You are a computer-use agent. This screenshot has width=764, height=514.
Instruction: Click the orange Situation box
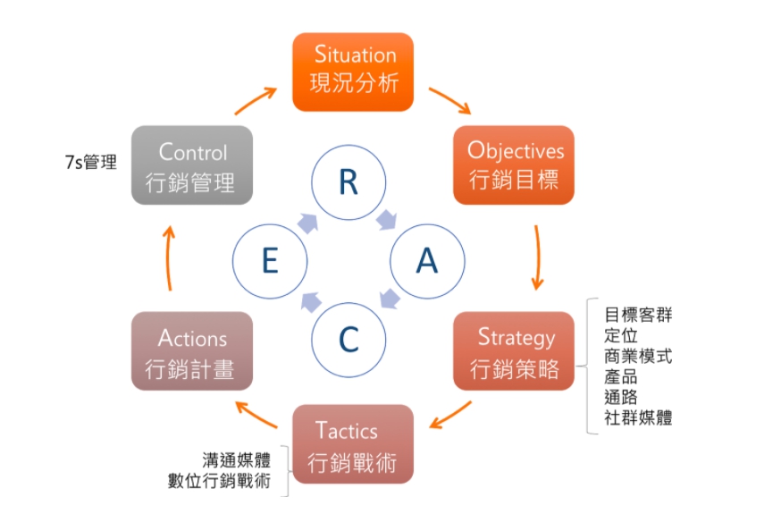[353, 72]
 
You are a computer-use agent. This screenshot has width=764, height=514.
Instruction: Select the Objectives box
[514, 165]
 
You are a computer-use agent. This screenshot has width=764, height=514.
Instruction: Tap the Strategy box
[514, 350]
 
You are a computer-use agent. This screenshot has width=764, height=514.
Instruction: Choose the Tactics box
[353, 444]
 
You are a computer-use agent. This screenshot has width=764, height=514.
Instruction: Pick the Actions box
[192, 350]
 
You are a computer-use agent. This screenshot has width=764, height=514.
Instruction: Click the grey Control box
[192, 165]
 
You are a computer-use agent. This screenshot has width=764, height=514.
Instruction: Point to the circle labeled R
[348, 182]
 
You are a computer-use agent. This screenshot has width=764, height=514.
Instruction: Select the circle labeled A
[427, 261]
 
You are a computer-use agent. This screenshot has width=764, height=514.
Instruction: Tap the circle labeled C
[348, 340]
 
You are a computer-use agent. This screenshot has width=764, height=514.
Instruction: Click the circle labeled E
[270, 261]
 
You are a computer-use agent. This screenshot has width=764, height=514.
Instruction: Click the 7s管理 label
[91, 162]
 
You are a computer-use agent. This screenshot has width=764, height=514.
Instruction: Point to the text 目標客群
[638, 315]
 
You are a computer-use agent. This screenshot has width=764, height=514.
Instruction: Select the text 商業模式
[638, 356]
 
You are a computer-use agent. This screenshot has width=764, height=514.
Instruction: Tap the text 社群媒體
[638, 417]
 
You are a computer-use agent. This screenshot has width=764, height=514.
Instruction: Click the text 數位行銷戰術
[219, 481]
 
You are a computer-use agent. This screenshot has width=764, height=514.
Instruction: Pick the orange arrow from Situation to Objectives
[450, 100]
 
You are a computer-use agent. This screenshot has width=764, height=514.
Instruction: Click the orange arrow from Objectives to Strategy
[537, 257]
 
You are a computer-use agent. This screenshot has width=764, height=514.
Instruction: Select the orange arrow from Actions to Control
[169, 258]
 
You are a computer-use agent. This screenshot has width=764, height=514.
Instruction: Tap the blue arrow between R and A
[387, 220]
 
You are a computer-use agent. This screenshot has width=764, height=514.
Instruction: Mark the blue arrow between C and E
[311, 302]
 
